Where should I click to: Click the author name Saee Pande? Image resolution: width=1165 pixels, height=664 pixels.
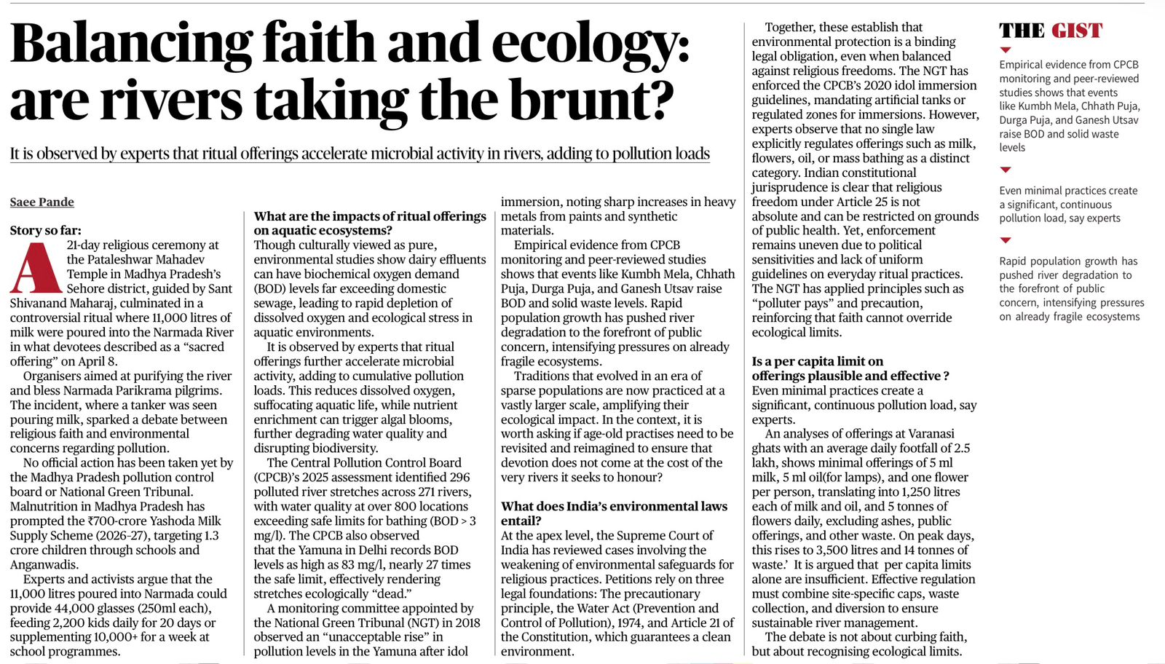point(42,202)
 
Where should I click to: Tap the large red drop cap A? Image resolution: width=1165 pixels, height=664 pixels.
point(35,269)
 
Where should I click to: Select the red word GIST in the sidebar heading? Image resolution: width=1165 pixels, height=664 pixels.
point(1077,31)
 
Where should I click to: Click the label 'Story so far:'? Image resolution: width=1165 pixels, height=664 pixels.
point(46,231)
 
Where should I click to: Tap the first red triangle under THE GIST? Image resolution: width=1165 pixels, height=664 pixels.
point(1006,50)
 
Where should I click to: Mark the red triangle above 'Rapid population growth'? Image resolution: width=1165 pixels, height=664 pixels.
point(1006,240)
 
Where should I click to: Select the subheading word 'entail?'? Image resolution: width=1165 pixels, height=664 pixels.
point(521,521)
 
